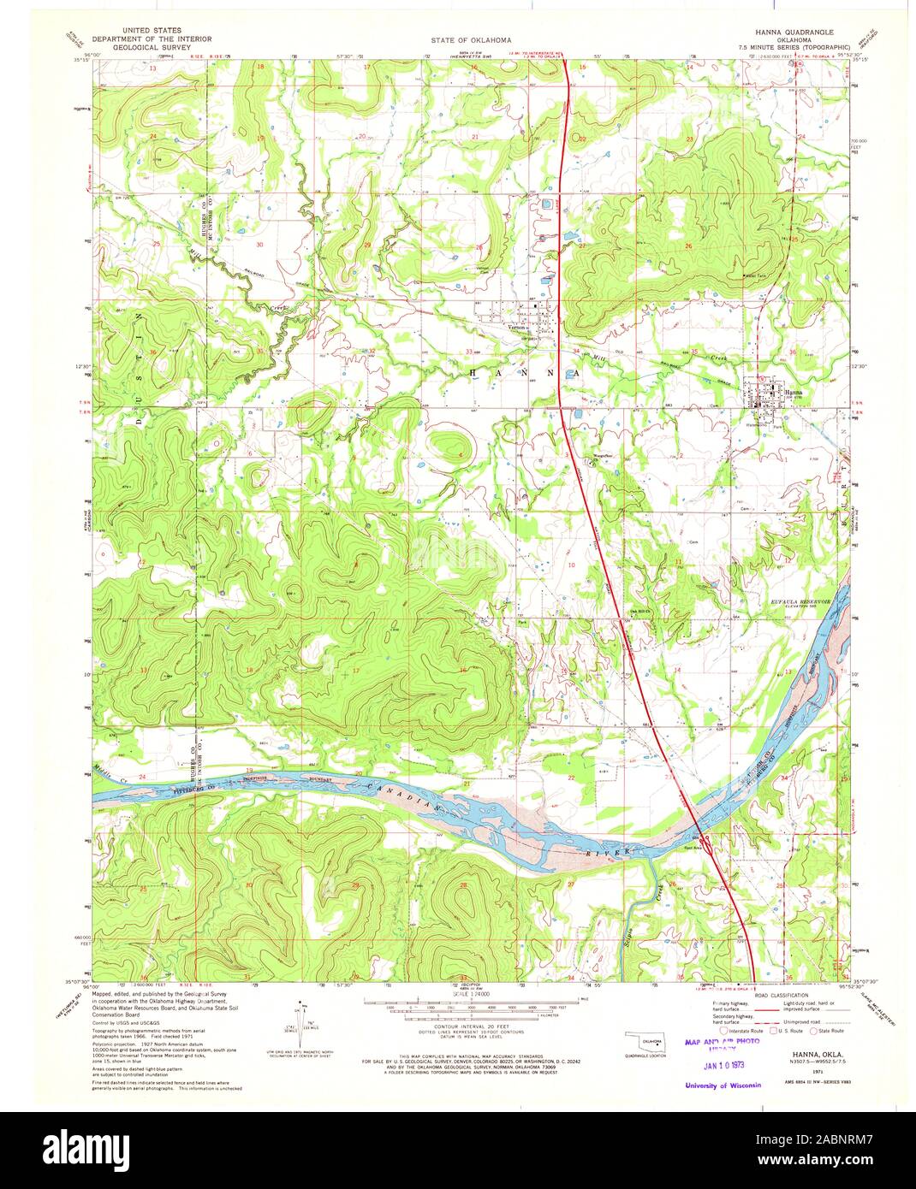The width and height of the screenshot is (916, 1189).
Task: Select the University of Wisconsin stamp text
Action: [x=723, y=1085]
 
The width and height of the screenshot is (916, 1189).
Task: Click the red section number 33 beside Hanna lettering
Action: [x=467, y=352]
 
